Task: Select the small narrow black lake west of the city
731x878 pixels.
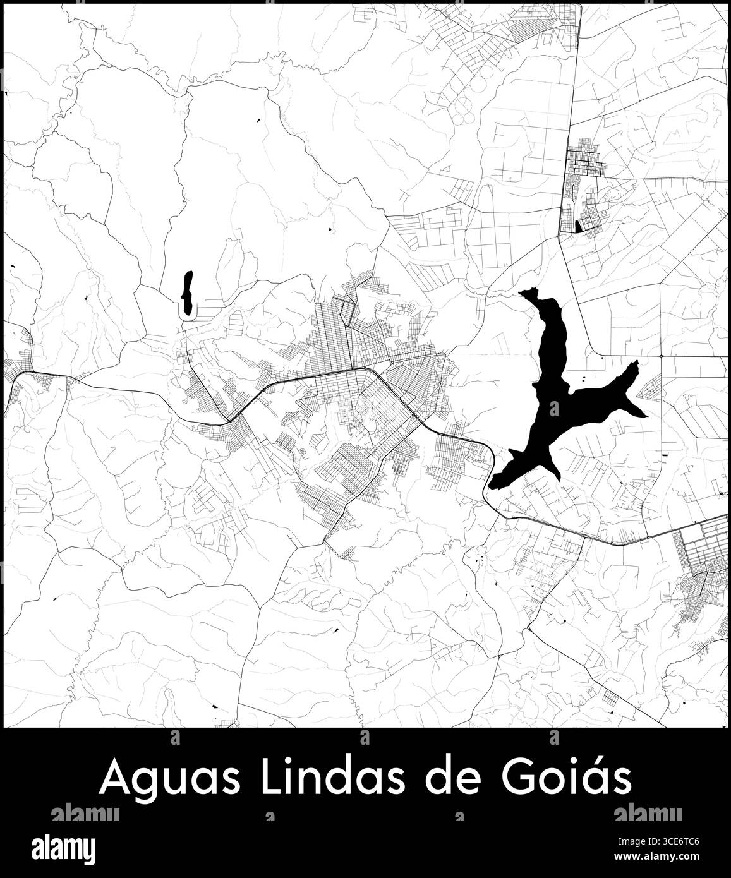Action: (x=186, y=292)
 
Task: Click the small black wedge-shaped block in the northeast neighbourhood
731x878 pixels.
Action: (x=579, y=226)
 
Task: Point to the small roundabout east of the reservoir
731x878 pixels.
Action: (x=661, y=356)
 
